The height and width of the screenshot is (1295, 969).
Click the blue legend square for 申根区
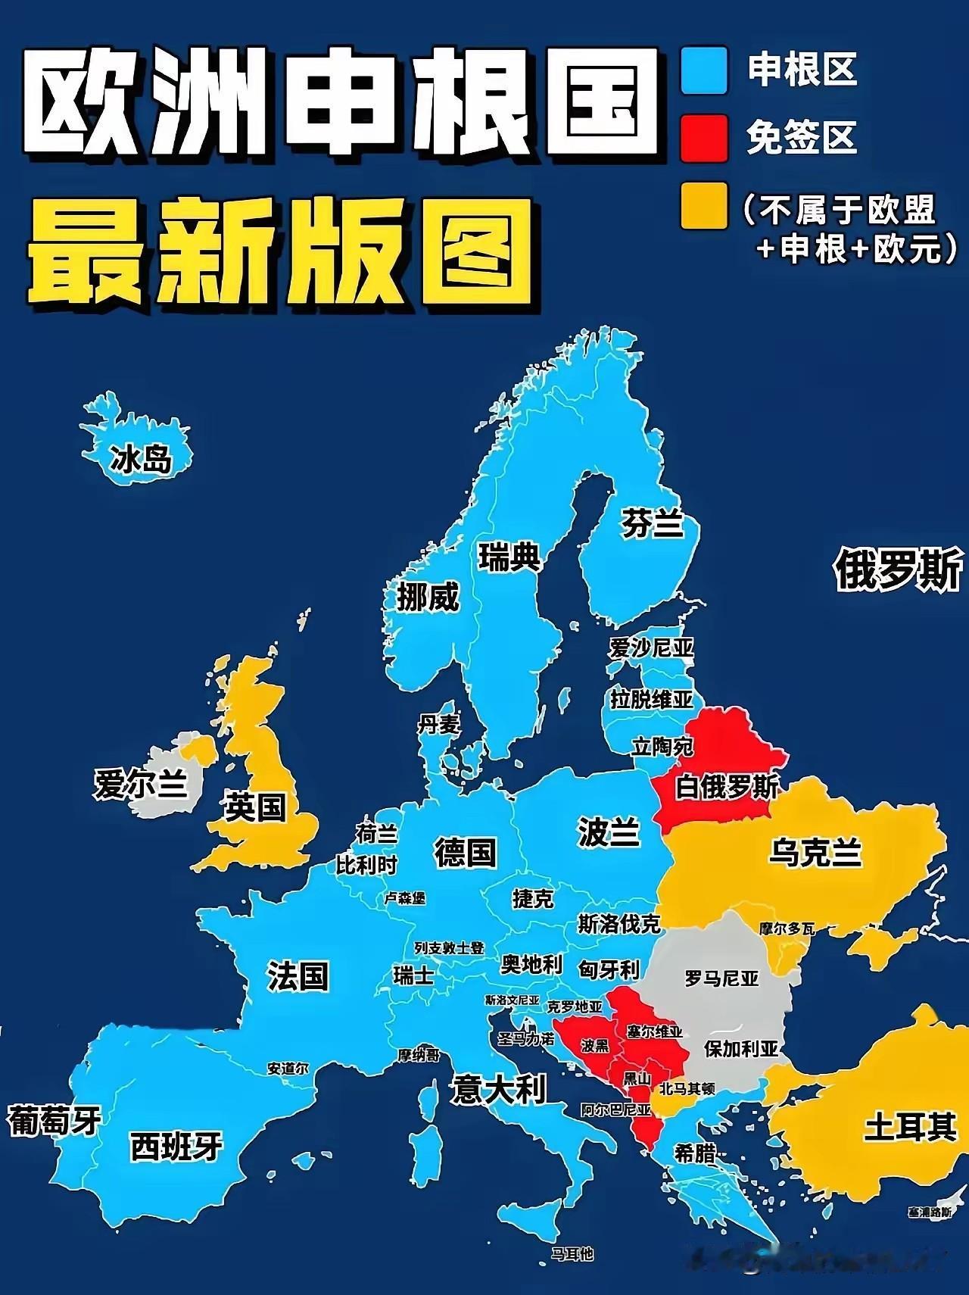pos(704,70)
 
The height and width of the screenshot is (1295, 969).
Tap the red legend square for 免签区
pos(704,137)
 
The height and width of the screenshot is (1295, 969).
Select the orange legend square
pos(704,204)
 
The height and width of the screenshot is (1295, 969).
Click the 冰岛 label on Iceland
pos(141,459)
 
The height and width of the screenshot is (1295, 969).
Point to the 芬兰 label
pos(652,523)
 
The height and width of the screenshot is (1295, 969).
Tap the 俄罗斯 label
pos(899,569)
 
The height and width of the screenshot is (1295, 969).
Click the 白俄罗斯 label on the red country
pos(727,787)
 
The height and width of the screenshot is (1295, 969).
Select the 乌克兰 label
pos(815,852)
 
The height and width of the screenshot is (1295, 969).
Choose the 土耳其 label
pos(910,1128)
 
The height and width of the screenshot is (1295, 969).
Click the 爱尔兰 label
pos(140,784)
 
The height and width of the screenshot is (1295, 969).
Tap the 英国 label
pos(255,807)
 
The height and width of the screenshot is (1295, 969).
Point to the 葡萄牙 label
pos(55,1120)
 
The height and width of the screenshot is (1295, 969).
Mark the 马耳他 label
pos(572,1254)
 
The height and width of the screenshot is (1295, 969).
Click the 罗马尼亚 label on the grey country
pos(721,978)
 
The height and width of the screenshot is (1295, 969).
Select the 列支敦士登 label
pos(449,948)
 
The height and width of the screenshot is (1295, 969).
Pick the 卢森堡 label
pos(405,898)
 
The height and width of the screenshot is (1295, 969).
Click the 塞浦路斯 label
pos(930,1212)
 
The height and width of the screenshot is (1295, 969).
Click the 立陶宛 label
pos(662,747)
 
